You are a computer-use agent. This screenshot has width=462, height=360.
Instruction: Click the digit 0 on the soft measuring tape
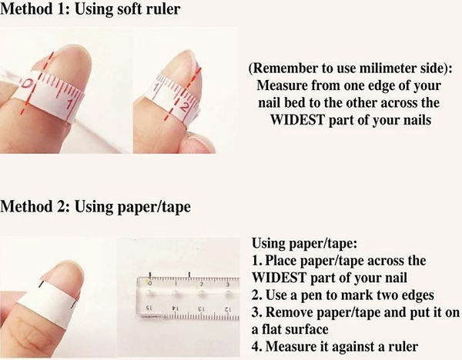[x=27, y=84]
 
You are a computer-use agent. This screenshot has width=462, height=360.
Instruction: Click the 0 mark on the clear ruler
[x=148, y=274]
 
